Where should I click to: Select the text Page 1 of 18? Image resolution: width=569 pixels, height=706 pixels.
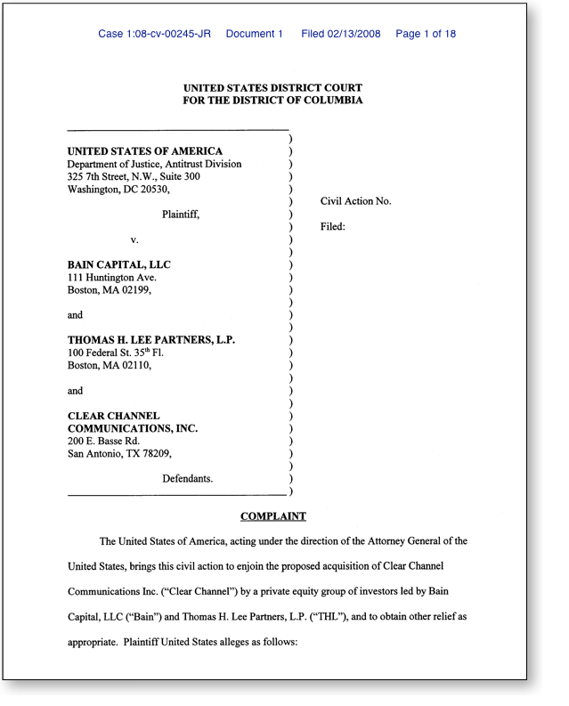[x=426, y=34]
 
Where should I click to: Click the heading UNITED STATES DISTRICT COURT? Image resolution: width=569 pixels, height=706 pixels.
[x=272, y=87]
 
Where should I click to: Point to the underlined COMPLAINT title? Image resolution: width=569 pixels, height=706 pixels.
[x=272, y=516]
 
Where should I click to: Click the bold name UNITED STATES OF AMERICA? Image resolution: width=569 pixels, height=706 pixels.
[x=145, y=151]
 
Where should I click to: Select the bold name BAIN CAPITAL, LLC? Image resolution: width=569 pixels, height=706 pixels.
[x=119, y=265]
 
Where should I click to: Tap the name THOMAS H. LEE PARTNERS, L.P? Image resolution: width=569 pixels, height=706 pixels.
[x=151, y=340]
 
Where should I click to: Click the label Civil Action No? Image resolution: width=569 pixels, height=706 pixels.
[x=355, y=201]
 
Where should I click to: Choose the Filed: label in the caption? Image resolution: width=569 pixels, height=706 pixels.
[x=332, y=227]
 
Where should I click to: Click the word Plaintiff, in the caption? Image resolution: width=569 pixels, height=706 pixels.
[x=181, y=215]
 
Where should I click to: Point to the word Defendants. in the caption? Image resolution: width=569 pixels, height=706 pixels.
[x=188, y=478]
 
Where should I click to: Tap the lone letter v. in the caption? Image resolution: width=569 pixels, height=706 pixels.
[x=134, y=240]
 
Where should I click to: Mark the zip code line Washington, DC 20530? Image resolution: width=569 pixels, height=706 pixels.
[x=118, y=189]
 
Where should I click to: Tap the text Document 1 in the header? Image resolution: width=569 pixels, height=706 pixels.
[x=254, y=34]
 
